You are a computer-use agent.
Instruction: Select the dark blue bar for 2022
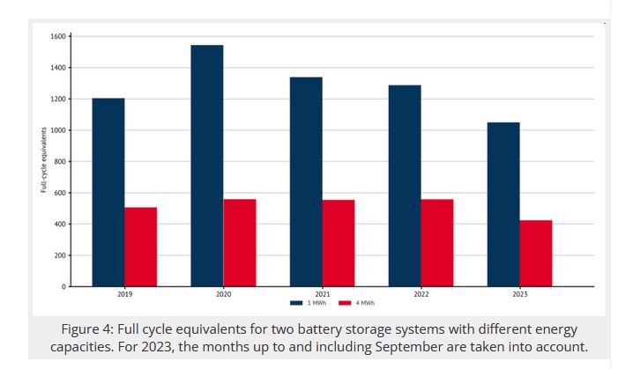pos(405,186)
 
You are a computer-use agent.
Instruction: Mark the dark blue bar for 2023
pos(503,204)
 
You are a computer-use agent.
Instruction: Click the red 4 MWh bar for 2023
pos(536,253)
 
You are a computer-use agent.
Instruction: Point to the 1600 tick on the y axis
pos(59,36)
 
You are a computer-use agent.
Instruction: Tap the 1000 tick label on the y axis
pos(59,130)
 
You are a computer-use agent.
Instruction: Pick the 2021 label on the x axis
pos(322,293)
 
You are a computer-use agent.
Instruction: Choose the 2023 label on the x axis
pos(519,293)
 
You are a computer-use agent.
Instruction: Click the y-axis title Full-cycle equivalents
pos(43,161)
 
